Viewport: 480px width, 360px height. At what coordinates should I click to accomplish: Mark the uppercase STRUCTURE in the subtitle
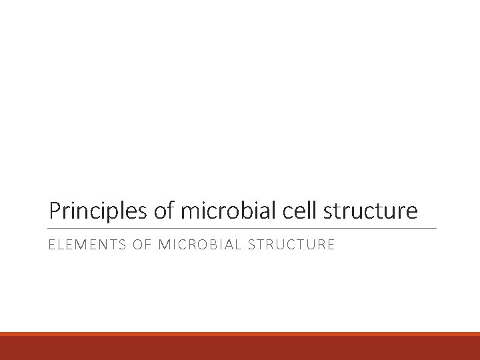pos(291,245)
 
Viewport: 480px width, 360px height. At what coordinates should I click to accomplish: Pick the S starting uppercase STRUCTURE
pos(250,245)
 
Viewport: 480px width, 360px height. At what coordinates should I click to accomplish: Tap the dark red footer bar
pos(240,348)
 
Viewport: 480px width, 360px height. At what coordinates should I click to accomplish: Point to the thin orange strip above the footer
pos(240,334)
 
